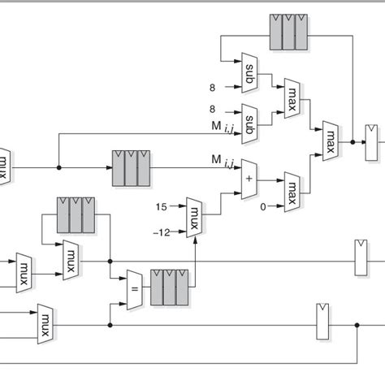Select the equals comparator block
135,290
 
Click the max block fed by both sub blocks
290,97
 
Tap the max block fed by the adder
291,189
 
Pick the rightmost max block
330,141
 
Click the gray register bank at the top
288,32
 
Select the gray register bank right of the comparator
170,287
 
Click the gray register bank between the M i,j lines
132,167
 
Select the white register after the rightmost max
372,142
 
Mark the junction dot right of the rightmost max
353,141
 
